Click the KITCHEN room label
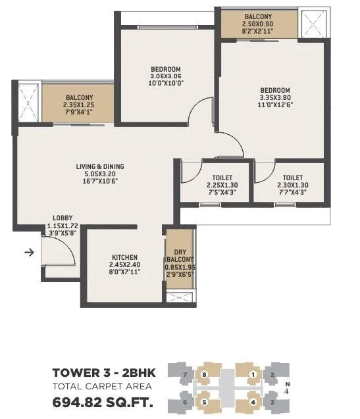pos(124,257)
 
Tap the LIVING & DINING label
pos(99,167)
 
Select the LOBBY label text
pos(63,218)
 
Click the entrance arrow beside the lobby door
pos(28,251)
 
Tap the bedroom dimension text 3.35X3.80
pos(274,98)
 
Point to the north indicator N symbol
pos(286,387)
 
